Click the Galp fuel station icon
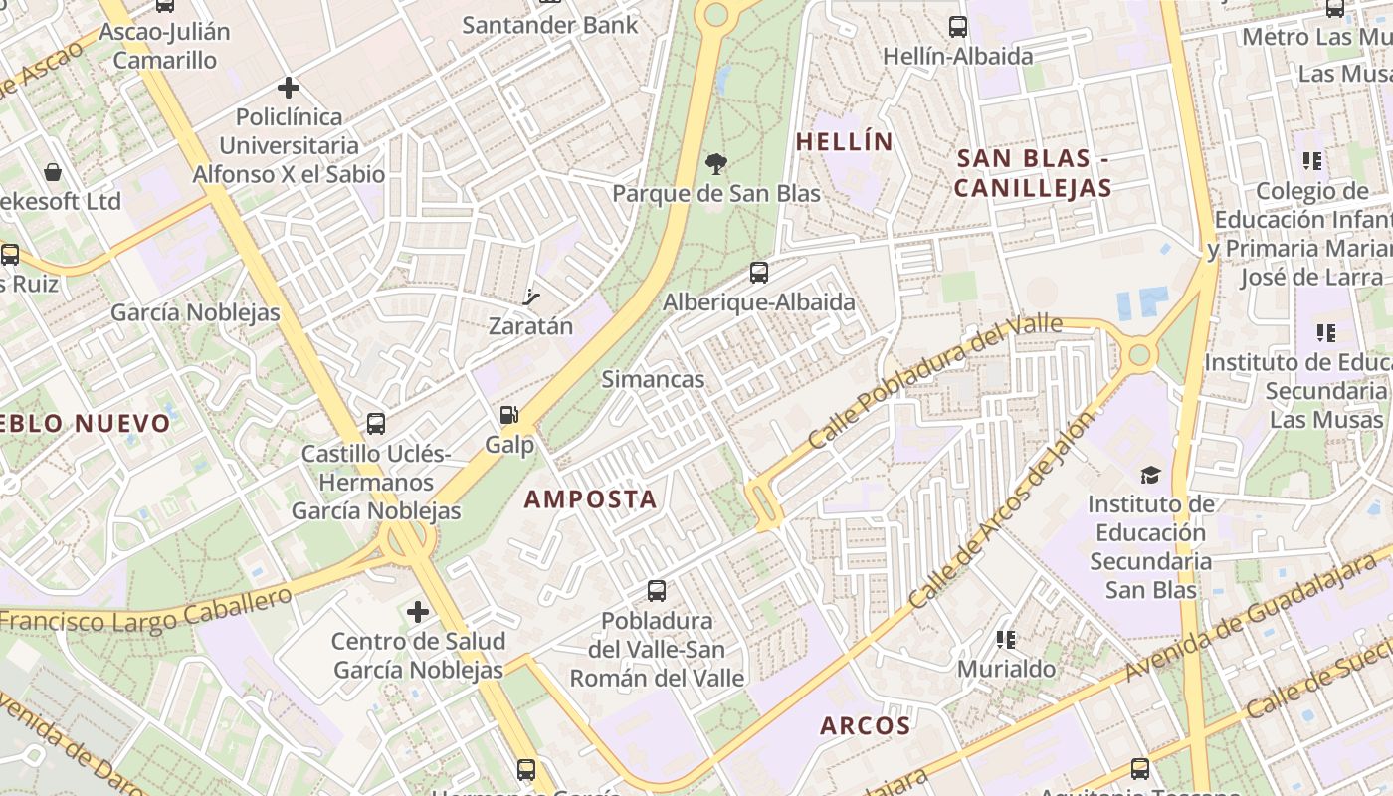(x=508, y=416)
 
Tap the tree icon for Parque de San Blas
(x=714, y=164)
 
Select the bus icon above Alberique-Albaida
(x=758, y=272)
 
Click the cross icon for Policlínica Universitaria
(x=289, y=88)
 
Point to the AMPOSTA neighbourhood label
(x=590, y=499)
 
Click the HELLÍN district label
(x=845, y=142)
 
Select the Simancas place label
(x=653, y=379)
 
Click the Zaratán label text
(x=530, y=326)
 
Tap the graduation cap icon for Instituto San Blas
(x=1150, y=475)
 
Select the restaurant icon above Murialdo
(x=1005, y=639)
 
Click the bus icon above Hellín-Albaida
(x=957, y=27)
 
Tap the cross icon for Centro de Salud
(x=418, y=611)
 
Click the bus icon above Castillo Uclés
(x=375, y=424)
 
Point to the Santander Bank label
(x=549, y=25)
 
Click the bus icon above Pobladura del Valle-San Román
(x=656, y=591)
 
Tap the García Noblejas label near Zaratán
(x=195, y=312)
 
